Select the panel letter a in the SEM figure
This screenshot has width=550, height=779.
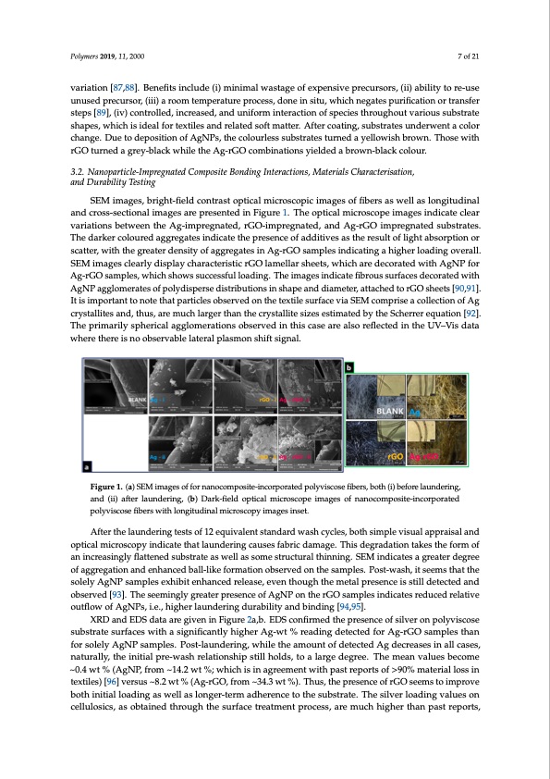(87, 464)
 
